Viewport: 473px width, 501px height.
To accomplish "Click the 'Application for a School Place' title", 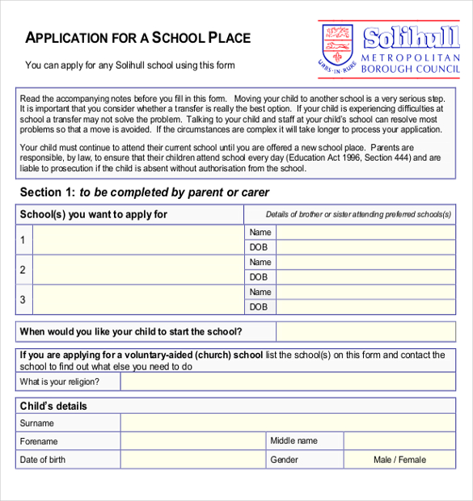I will [x=138, y=38].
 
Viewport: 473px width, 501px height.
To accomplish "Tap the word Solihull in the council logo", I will [x=411, y=39].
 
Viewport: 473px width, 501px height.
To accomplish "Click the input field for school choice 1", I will [x=137, y=240].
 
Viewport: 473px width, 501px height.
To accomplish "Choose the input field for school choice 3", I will [x=137, y=300].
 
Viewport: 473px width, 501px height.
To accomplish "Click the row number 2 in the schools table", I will [x=23, y=270].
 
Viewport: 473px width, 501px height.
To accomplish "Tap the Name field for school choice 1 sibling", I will [x=365, y=233].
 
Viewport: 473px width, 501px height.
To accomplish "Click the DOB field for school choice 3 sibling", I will [x=365, y=307].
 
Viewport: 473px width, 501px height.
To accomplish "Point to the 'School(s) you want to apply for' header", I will [x=94, y=214].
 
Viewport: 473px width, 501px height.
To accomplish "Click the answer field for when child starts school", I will [x=365, y=331].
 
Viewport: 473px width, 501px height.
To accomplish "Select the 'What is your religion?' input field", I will [x=288, y=381].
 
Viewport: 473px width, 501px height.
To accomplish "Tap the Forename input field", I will [x=193, y=441].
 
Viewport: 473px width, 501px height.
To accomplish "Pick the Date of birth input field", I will [x=193, y=460].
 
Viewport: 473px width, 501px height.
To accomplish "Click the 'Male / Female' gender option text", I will [x=399, y=460].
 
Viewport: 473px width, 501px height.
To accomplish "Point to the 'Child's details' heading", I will [x=53, y=406].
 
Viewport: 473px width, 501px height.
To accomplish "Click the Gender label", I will [x=284, y=460].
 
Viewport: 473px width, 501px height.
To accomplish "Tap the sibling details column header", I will [x=358, y=214].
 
